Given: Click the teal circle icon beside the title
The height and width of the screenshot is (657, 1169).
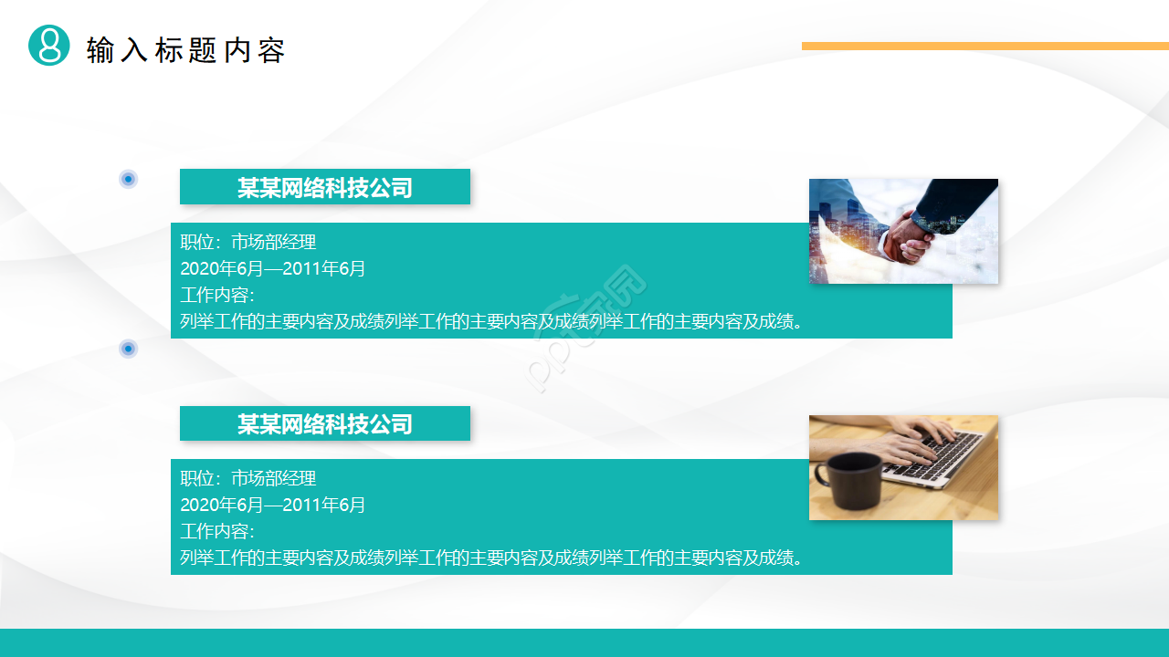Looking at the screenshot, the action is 49,46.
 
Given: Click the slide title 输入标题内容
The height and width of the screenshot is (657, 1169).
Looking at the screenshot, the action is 185,50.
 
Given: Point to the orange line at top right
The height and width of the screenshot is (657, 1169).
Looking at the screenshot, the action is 985,46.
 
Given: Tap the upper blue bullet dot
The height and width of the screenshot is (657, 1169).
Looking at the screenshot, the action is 129,179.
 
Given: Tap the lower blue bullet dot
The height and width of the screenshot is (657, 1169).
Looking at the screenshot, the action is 129,349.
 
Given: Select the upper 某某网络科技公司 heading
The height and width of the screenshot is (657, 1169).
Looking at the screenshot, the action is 325,187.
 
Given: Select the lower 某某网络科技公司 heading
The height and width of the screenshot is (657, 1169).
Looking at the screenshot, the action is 325,424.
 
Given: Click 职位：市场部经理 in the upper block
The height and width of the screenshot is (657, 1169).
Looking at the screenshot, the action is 248,242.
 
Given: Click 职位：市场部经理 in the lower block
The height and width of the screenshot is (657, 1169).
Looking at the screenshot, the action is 248,478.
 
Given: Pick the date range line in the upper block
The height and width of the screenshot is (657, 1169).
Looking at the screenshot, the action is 272,268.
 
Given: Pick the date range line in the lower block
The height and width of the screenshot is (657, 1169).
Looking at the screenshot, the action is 272,505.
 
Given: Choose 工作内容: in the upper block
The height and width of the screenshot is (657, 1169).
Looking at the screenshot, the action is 217,295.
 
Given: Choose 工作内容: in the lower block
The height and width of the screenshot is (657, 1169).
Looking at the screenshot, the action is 217,531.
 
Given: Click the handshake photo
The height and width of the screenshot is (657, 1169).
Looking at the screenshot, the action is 903,231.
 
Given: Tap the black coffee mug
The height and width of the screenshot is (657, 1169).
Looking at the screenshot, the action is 849,480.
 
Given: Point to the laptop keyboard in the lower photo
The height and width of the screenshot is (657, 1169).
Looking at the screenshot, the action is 936,453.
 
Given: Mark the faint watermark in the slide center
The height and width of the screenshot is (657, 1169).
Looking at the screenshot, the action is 587,328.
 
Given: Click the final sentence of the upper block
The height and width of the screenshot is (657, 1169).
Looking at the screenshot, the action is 491,322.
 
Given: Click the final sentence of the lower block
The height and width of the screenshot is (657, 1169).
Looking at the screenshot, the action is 491,558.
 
